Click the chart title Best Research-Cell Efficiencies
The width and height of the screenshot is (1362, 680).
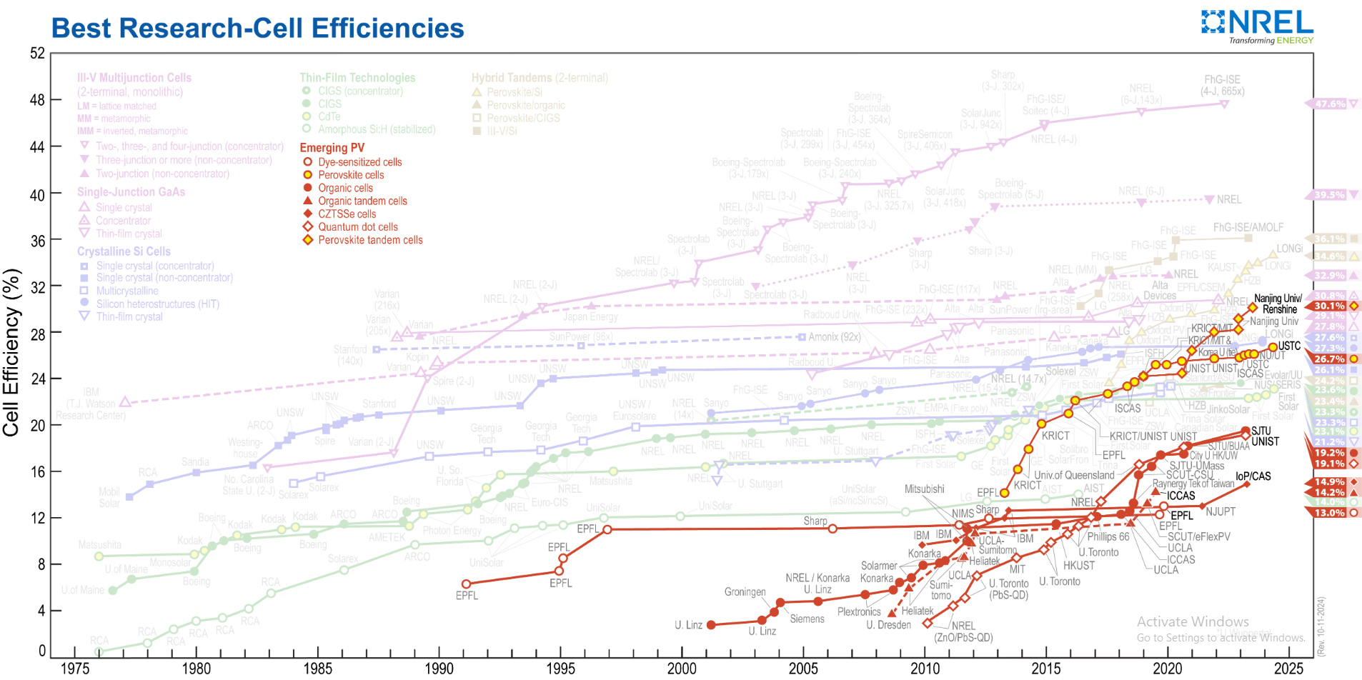click(257, 29)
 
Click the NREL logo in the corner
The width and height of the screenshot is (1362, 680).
click(1258, 26)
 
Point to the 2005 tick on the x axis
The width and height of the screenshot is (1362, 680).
click(803, 669)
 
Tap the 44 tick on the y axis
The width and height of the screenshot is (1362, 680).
click(37, 147)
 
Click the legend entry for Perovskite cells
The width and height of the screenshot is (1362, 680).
click(351, 175)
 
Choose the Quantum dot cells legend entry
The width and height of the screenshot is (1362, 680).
click(357, 227)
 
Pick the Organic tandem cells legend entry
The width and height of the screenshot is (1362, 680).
click(362, 201)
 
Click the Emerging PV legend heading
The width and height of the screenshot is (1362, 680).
click(332, 148)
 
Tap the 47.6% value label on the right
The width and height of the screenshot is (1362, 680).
click(1330, 104)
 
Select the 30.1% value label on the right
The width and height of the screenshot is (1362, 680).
click(1329, 306)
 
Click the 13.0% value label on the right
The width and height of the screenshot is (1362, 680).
click(1329, 513)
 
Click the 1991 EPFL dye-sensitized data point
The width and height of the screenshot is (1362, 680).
click(466, 584)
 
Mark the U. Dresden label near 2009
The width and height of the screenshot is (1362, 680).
click(888, 625)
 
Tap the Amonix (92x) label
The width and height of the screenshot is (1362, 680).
click(834, 337)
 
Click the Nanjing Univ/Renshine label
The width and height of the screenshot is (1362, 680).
click(1278, 304)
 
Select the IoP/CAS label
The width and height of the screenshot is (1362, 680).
click(1253, 476)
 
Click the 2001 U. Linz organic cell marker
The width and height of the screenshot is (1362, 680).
click(711, 625)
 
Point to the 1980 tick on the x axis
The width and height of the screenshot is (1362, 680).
click(197, 669)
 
